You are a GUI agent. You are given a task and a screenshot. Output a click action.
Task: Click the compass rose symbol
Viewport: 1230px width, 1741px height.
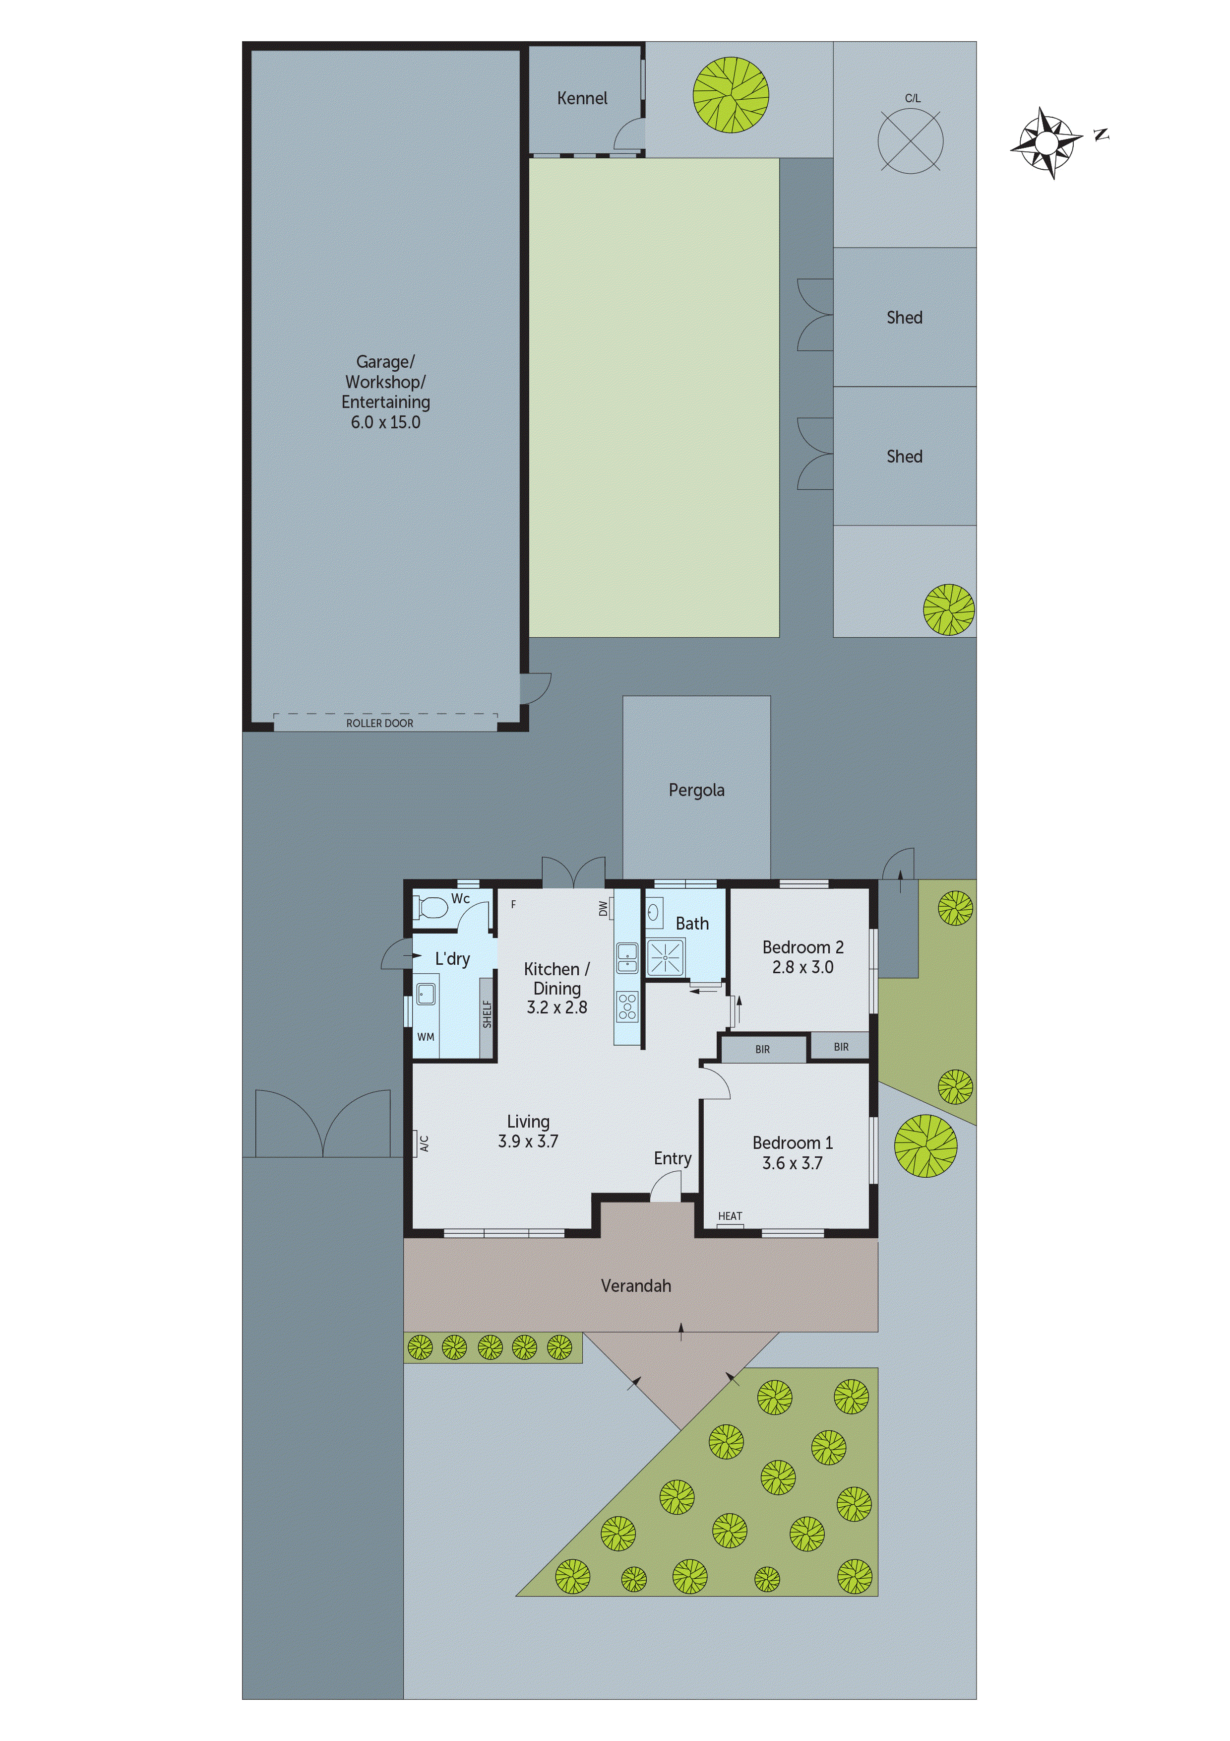(1046, 142)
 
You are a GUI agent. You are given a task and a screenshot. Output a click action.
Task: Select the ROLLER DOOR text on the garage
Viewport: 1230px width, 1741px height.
(380, 724)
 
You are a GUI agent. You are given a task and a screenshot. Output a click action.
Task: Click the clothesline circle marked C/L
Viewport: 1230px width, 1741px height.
(910, 140)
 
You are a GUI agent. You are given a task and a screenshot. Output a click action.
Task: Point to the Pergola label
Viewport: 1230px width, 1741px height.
(696, 790)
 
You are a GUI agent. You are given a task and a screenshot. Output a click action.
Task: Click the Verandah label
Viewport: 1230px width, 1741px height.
(636, 1286)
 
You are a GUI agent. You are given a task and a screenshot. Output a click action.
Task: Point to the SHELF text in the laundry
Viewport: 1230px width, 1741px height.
(488, 1014)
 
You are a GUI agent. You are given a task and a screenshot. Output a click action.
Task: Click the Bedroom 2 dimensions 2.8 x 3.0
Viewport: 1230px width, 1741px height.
(802, 968)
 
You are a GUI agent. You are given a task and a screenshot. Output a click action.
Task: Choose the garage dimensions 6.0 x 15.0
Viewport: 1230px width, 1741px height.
(385, 422)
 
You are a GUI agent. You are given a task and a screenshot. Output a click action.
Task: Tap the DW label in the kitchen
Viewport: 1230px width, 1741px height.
(603, 908)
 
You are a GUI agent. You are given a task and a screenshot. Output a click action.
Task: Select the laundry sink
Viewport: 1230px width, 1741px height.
(426, 994)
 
